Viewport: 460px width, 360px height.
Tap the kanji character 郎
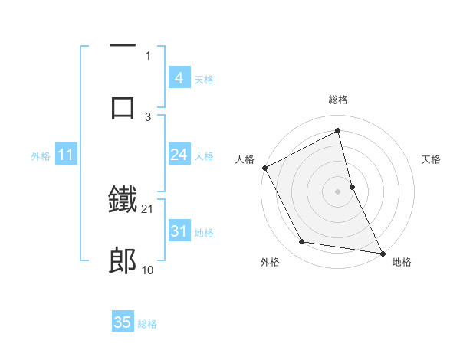point(123,261)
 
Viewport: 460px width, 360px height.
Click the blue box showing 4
point(179,78)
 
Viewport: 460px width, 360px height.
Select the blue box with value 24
point(179,155)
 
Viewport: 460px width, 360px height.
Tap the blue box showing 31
point(179,231)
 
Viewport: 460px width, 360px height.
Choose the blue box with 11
point(65,155)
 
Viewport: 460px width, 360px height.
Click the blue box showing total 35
point(123,322)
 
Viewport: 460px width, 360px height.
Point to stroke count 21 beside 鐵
point(148,209)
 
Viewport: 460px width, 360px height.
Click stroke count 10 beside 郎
point(148,270)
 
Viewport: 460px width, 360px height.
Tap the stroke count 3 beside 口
point(148,116)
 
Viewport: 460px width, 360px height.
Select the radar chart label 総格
point(338,100)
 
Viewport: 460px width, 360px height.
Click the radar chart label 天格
point(431,159)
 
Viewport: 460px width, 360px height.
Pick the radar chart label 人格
point(245,159)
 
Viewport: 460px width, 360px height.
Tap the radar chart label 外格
point(270,263)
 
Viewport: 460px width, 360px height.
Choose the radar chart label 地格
point(402,263)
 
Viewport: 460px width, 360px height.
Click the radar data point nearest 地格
point(383,253)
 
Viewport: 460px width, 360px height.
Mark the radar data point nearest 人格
point(264,167)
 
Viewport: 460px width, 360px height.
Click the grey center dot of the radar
point(338,191)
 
